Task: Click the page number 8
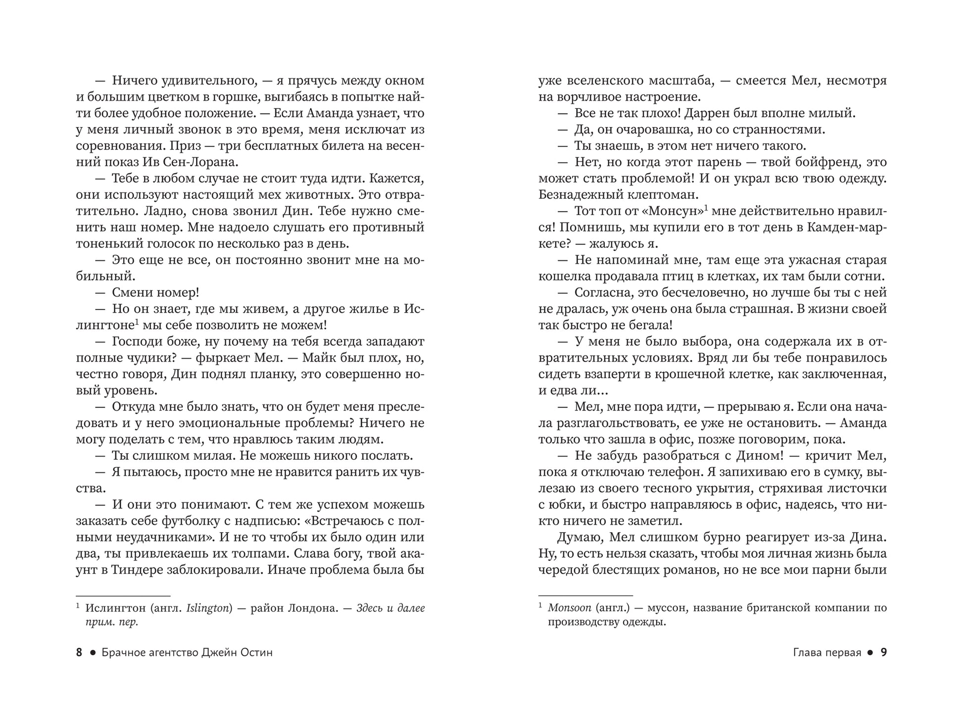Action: click(x=79, y=653)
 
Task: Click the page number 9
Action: click(x=883, y=653)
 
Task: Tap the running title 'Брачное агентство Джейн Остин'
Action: click(x=187, y=653)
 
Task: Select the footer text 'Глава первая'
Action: click(x=827, y=653)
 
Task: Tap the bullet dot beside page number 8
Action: click(x=92, y=653)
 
